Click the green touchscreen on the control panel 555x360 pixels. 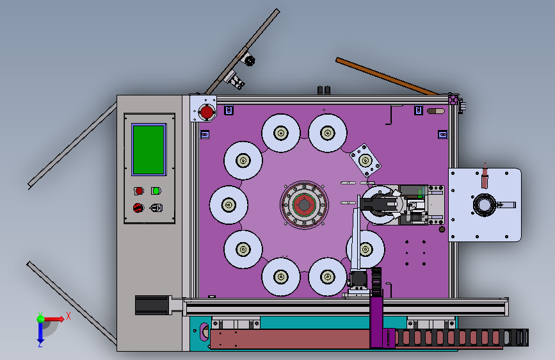click(x=149, y=149)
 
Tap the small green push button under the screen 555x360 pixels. click(x=156, y=191)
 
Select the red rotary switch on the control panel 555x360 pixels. click(x=138, y=208)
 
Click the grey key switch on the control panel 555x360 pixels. click(x=156, y=208)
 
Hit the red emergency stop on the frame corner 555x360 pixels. click(x=206, y=112)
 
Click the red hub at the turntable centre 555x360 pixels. click(x=304, y=205)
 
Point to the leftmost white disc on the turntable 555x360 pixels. click(x=229, y=205)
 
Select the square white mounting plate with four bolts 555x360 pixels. click(x=366, y=160)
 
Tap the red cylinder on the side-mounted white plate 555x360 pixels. click(x=485, y=178)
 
